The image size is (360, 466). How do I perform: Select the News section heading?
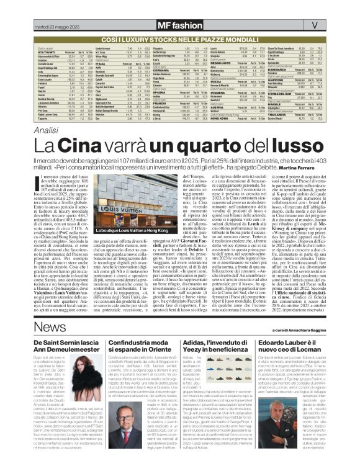point(46,327)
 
